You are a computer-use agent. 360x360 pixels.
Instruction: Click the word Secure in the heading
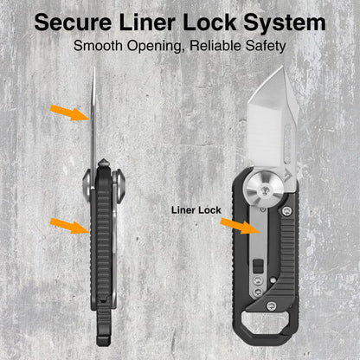[x=73, y=22]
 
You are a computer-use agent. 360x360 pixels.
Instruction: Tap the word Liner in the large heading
[x=147, y=22]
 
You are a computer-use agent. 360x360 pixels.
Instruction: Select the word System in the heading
[x=285, y=23]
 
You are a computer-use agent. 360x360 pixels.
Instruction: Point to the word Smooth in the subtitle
[x=98, y=46]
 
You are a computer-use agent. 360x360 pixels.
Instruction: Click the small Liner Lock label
[x=196, y=210]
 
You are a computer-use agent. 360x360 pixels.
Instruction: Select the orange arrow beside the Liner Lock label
[x=241, y=226]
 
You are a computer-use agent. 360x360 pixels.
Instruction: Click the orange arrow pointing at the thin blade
[x=70, y=112]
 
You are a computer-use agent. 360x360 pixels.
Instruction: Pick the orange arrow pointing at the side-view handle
[x=70, y=226]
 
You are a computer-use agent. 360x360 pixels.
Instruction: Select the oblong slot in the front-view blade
[x=287, y=142]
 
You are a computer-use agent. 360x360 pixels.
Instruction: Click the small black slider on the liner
[x=258, y=266]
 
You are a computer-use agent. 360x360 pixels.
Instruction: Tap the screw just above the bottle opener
[x=271, y=305]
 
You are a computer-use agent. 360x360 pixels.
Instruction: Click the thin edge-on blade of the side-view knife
[x=93, y=128]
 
